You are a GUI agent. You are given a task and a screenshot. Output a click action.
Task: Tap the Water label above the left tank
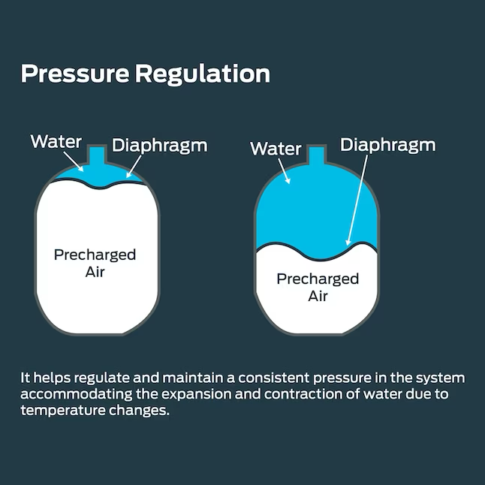(56, 140)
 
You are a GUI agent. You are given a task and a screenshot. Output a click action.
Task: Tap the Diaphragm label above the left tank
(159, 145)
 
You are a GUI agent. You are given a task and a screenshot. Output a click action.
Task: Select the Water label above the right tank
(276, 148)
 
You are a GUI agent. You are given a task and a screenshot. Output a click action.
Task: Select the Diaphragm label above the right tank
(387, 145)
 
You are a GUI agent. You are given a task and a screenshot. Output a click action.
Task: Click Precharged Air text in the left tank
(95, 263)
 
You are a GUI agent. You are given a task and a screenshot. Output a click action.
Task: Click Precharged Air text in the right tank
(318, 288)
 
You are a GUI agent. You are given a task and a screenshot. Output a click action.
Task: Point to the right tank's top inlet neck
(316, 155)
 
